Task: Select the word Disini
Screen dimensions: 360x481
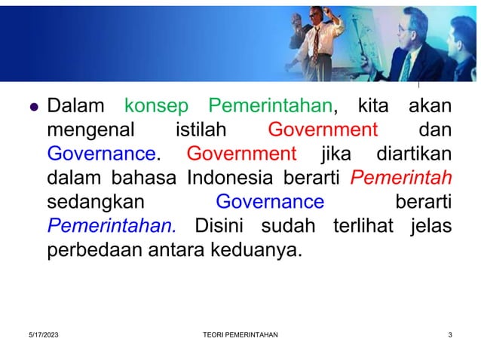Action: point(225,226)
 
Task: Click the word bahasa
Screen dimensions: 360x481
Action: point(146,178)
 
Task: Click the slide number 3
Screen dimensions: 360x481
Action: point(449,335)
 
